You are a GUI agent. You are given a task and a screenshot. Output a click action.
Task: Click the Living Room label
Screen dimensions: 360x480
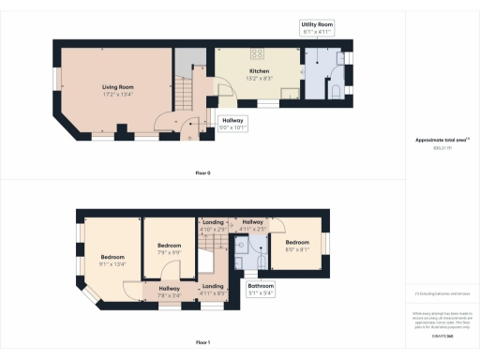117,87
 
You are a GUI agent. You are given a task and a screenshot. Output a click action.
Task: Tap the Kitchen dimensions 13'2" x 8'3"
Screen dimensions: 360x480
260,78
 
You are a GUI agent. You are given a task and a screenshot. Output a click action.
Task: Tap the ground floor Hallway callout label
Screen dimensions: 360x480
232,122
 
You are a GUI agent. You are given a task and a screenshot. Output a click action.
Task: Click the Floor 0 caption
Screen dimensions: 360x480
202,173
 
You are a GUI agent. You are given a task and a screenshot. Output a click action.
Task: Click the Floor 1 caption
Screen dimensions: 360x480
202,342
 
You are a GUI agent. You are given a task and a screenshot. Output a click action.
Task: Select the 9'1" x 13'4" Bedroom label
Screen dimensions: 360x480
112,260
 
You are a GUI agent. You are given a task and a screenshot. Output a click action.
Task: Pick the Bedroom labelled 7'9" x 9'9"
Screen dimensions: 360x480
168,247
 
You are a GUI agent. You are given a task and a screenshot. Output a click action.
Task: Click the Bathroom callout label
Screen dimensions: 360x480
261,288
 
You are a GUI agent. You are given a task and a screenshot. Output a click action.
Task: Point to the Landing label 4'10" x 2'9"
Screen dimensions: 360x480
213,225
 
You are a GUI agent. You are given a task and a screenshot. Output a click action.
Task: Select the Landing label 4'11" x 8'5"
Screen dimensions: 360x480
213,288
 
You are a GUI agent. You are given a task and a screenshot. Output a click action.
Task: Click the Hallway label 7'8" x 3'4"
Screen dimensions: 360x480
169,291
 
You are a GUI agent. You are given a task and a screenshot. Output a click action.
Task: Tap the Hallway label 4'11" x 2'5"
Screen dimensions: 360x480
254,225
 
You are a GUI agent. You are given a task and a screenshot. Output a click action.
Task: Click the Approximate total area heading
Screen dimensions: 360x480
442,141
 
